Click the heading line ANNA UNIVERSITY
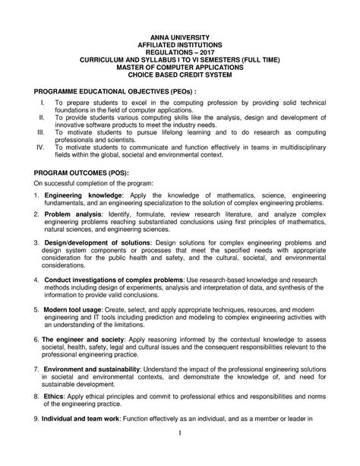pyautogui.click(x=180, y=37)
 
